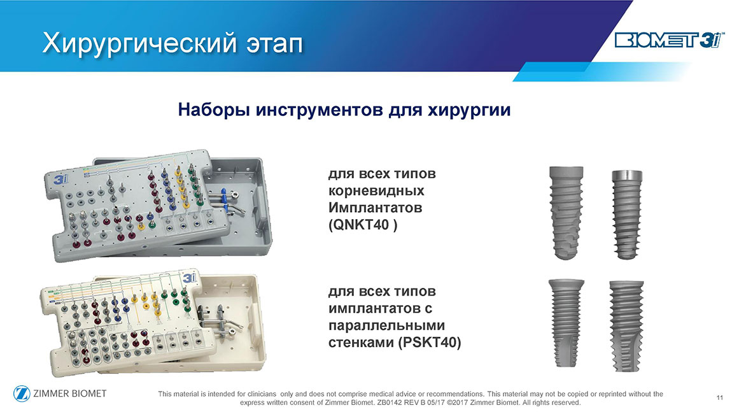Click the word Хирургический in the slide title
pos(141,43)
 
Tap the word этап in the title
pos(275,45)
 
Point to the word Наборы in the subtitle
pos(215,110)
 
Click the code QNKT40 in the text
pos(361,225)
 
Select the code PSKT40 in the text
pos(430,343)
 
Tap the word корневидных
pos(376,191)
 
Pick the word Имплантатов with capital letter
pos(376,208)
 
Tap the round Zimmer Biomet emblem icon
pos(22,394)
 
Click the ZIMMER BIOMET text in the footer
pos(69,394)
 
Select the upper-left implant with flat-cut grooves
pos(567,213)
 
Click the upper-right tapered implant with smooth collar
pos(627,215)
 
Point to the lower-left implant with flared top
pos(566,323)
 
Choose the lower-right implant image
pos(626,325)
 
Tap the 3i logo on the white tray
pos(190,278)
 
